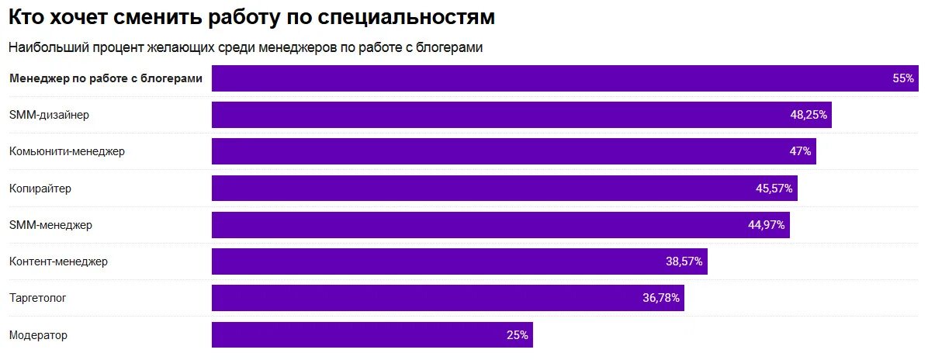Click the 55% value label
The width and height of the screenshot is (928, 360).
(x=903, y=78)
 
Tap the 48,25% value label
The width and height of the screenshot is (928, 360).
(x=809, y=115)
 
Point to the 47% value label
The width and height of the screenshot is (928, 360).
(x=800, y=151)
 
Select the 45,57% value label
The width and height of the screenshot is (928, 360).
(x=774, y=189)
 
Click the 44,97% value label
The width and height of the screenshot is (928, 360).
(x=767, y=225)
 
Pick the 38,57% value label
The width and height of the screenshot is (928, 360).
(x=684, y=261)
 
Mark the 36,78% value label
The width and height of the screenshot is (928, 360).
(x=661, y=298)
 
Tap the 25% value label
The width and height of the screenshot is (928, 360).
(x=517, y=335)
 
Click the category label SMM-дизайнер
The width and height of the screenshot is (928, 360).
(x=49, y=115)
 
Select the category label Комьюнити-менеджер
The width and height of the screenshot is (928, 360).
(x=67, y=151)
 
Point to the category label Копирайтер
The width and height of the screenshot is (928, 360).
(x=40, y=189)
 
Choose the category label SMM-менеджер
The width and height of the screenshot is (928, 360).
(x=50, y=225)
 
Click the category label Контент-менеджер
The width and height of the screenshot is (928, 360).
(x=58, y=261)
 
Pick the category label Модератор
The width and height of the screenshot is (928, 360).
(x=38, y=335)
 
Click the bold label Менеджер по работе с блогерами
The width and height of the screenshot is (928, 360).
(x=106, y=78)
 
